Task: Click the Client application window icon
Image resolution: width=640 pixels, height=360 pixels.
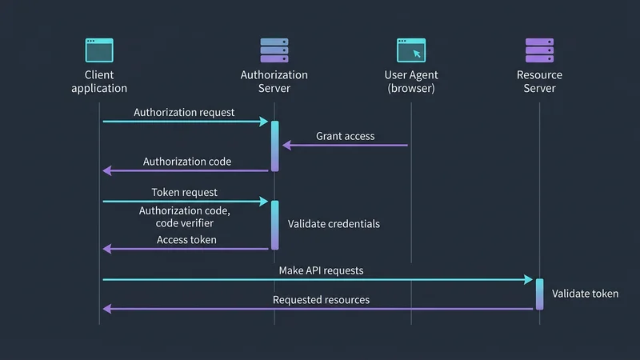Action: (x=99, y=50)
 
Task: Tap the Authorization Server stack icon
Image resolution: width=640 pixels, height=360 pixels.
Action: (x=274, y=50)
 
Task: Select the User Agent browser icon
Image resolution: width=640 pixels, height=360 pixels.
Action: (x=411, y=50)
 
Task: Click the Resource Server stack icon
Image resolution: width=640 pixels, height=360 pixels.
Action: (x=539, y=50)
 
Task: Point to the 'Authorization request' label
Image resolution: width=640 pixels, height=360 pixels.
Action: (x=184, y=112)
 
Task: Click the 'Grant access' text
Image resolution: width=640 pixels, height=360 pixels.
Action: (x=345, y=136)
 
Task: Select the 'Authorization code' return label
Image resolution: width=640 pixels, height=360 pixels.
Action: (x=187, y=162)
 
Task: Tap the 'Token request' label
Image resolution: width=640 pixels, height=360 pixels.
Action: (x=185, y=193)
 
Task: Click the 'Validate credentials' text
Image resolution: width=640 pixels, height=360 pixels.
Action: (x=334, y=224)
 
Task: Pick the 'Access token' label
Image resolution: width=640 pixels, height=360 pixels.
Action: (x=186, y=239)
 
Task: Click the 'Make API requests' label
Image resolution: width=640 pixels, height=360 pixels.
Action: (x=321, y=270)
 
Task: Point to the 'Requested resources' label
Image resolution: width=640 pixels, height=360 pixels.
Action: (x=321, y=300)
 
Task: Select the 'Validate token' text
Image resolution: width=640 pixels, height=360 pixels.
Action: (x=585, y=294)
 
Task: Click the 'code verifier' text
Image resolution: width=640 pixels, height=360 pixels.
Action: (x=185, y=223)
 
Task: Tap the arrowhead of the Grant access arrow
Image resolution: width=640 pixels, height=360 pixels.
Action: (x=286, y=146)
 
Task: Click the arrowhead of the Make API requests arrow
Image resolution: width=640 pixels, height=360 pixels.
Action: (x=529, y=280)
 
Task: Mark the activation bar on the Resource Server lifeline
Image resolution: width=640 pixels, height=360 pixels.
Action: (x=539, y=294)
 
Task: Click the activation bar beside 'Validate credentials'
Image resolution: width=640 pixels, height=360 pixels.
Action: (x=274, y=225)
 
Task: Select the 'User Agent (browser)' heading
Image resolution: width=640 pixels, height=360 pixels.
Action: (x=411, y=82)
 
